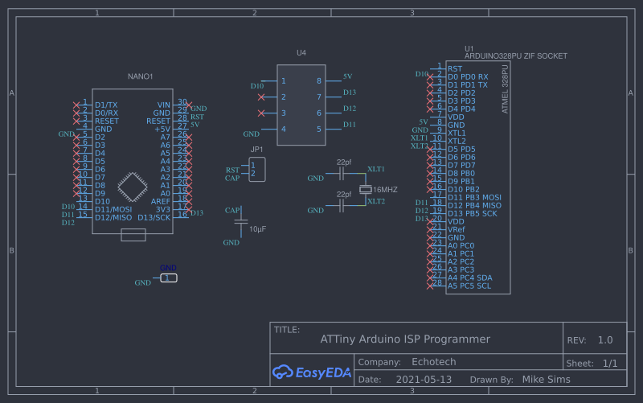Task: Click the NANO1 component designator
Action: [x=140, y=76]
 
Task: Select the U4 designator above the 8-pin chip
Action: [x=301, y=53]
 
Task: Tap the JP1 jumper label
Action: [x=256, y=150]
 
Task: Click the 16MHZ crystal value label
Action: [x=386, y=189]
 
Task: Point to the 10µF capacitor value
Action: [x=257, y=229]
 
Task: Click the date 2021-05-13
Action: [x=424, y=380]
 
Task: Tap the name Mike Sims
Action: [x=546, y=380]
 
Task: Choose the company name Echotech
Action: [x=435, y=363]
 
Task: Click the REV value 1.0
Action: [x=605, y=340]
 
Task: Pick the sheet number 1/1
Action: [x=610, y=364]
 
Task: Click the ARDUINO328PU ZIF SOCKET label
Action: [x=515, y=56]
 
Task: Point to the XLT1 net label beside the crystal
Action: [x=376, y=169]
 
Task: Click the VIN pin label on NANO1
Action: [x=163, y=105]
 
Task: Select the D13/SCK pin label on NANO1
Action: [x=154, y=217]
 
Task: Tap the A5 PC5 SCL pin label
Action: [x=469, y=286]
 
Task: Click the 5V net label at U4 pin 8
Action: [x=347, y=76]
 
